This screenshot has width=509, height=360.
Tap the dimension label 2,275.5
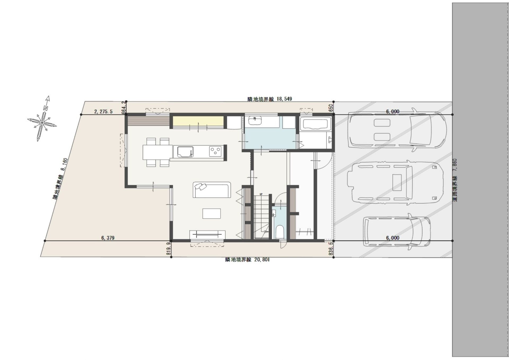103,111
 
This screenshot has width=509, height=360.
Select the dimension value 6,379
108,238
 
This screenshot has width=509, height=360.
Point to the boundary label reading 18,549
284,99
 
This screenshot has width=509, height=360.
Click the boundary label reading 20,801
262,259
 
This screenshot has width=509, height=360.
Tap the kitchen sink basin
183,152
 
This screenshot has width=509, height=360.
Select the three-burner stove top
215,151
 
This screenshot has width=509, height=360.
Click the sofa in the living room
212,190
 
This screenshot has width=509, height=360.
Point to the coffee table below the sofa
212,214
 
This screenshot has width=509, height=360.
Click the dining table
158,152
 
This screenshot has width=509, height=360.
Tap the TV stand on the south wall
208,235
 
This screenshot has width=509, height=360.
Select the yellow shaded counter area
198,122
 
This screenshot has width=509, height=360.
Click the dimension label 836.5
331,248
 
